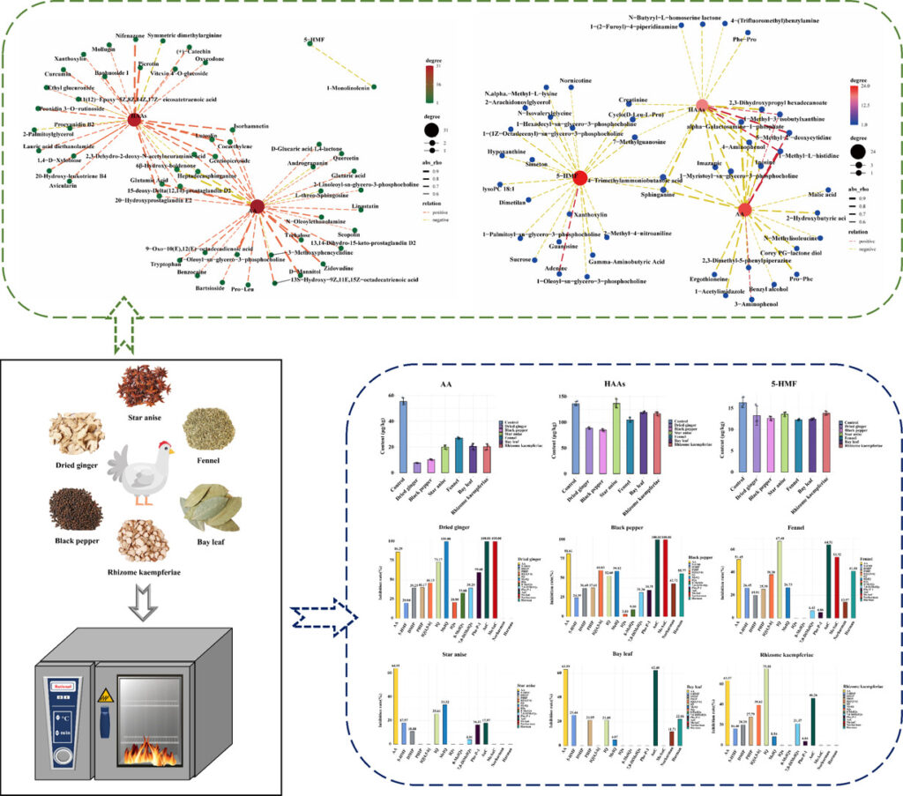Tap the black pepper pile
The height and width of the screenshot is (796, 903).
point(75,508)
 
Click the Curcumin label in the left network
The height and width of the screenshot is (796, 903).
point(57,75)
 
